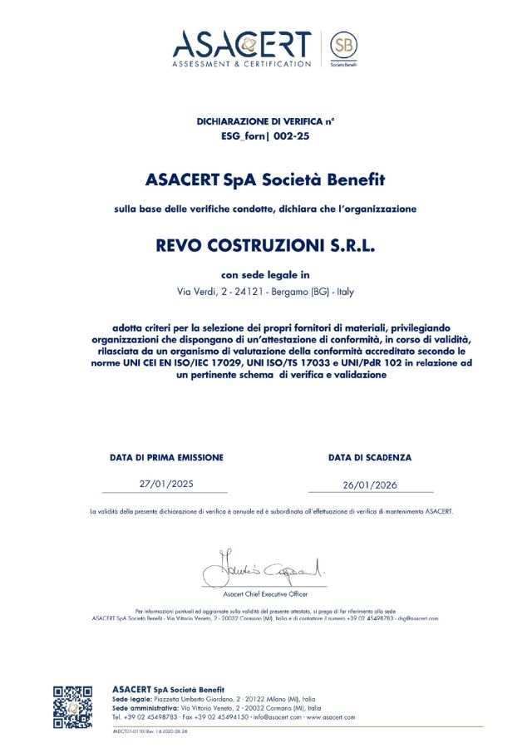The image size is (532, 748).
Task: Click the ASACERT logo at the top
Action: click(x=241, y=47)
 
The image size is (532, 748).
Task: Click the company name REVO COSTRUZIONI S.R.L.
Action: click(x=266, y=246)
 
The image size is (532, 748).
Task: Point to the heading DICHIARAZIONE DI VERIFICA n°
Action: click(x=266, y=121)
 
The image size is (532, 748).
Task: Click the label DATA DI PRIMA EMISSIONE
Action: click(x=166, y=457)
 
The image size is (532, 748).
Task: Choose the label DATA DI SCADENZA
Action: click(x=370, y=457)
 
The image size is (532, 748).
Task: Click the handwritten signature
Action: click(x=265, y=568)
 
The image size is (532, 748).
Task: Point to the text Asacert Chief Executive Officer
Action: click(x=265, y=594)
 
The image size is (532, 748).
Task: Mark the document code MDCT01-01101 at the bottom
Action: click(x=134, y=731)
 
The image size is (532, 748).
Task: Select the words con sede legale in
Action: click(x=266, y=274)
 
